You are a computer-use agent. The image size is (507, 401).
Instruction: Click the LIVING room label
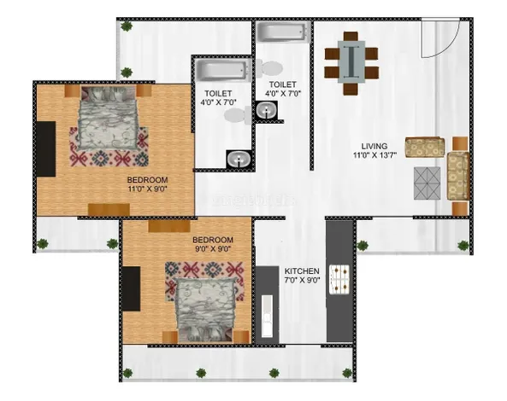coord(374,146)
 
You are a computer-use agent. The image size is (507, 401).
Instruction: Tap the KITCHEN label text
coord(302,271)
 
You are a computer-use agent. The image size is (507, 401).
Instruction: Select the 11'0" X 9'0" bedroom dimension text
coord(147,189)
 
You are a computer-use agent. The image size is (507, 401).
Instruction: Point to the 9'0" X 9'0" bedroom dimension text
coord(212,249)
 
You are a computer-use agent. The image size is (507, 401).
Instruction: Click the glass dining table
coord(351,61)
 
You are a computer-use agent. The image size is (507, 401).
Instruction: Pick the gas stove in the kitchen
coord(339,279)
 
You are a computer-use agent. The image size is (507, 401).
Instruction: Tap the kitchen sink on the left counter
coord(267,317)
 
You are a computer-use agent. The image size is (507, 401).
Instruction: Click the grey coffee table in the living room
coord(427,183)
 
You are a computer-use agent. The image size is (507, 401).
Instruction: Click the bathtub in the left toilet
coord(223,70)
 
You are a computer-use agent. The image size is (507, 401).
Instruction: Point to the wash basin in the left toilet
coord(239,159)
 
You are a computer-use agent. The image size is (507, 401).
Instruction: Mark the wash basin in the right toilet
coord(266,110)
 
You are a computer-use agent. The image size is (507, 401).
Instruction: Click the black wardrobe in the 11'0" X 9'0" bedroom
coord(46,148)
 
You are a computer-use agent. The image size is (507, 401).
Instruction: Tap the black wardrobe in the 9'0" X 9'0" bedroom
coord(132,288)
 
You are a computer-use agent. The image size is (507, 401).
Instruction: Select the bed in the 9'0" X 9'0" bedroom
coord(206,310)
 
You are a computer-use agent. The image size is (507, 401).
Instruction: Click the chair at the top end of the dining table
coord(351,36)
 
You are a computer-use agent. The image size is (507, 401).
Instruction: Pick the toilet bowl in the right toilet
coord(269,68)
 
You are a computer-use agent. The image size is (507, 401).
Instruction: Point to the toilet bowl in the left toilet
coord(238,115)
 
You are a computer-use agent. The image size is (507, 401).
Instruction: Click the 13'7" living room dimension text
coord(387,155)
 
